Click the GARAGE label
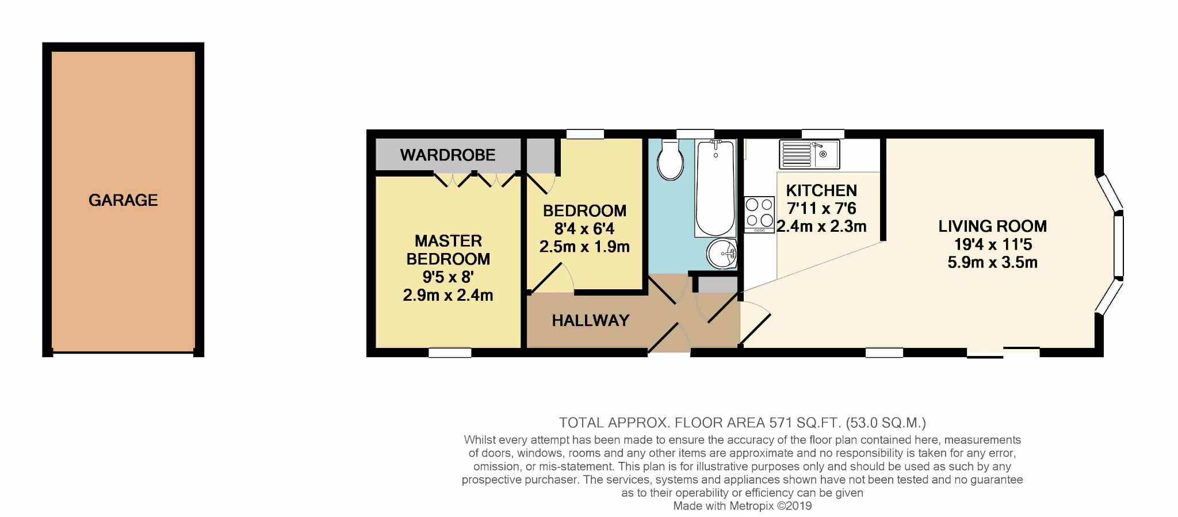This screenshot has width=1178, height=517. [123, 200]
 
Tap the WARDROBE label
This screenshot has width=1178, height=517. [448, 155]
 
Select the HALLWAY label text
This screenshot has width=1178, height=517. [591, 320]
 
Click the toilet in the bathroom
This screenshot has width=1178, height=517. [670, 159]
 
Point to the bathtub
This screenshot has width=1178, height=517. [716, 188]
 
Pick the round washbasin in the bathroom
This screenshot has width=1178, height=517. [721, 254]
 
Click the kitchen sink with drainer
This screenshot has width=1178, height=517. [809, 154]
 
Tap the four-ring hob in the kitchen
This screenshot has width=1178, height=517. [759, 215]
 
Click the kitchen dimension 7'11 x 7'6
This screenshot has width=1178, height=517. [821, 208]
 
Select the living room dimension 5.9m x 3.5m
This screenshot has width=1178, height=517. [993, 263]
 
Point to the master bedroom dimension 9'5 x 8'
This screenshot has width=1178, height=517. [448, 277]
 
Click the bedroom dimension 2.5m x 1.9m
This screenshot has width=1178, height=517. [584, 247]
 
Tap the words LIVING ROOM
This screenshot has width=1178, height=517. [993, 226]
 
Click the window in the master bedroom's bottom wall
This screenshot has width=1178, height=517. [450, 353]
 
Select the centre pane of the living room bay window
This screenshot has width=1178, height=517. [1118, 246]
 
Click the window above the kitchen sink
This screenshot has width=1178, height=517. [823, 134]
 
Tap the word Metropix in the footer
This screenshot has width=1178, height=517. [751, 506]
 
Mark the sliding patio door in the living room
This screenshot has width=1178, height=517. [1003, 353]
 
